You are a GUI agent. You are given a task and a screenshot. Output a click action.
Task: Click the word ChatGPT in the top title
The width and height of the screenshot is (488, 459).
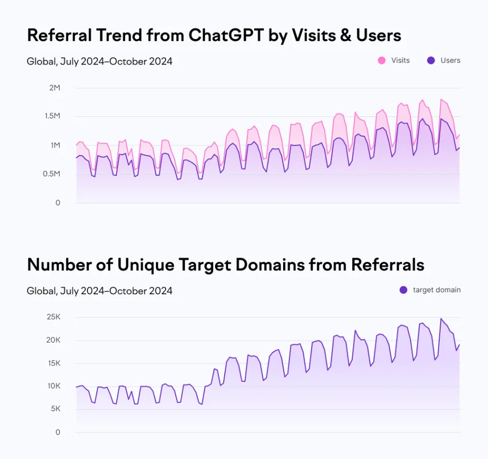tap(226, 35)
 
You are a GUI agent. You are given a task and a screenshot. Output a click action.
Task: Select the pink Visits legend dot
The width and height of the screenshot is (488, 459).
tap(381, 60)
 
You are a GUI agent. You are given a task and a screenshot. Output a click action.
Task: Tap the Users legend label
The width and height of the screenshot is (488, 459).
tap(450, 60)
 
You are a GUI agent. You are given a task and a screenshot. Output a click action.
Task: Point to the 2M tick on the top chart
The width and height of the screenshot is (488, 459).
tap(54, 88)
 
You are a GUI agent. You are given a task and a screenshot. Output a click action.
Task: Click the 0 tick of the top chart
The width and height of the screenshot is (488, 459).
tap(58, 203)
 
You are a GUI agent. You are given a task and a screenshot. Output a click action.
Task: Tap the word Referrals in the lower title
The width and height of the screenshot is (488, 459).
tap(387, 265)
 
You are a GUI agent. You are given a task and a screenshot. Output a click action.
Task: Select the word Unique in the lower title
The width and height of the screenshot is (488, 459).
tap(145, 265)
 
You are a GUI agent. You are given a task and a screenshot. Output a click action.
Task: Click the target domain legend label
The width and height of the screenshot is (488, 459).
tap(437, 290)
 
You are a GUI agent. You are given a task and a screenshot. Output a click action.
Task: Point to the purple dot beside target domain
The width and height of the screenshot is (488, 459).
tap(403, 290)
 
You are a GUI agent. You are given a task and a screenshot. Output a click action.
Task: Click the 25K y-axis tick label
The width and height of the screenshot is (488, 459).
tap(53, 317)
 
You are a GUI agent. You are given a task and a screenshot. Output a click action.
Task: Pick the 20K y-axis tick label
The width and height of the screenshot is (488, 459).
tap(53, 340)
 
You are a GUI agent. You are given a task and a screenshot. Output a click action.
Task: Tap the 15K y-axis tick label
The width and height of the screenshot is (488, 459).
tap(53, 363)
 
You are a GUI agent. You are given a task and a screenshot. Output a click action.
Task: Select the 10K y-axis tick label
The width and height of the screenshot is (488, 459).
tap(53, 386)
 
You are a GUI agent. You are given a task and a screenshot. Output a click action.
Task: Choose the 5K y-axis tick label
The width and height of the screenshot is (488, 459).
tap(55, 409)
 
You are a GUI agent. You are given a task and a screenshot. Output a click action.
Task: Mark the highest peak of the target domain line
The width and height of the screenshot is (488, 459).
tap(441, 319)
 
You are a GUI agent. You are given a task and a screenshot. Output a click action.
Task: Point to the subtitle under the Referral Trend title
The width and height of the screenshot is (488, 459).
tap(100, 62)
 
